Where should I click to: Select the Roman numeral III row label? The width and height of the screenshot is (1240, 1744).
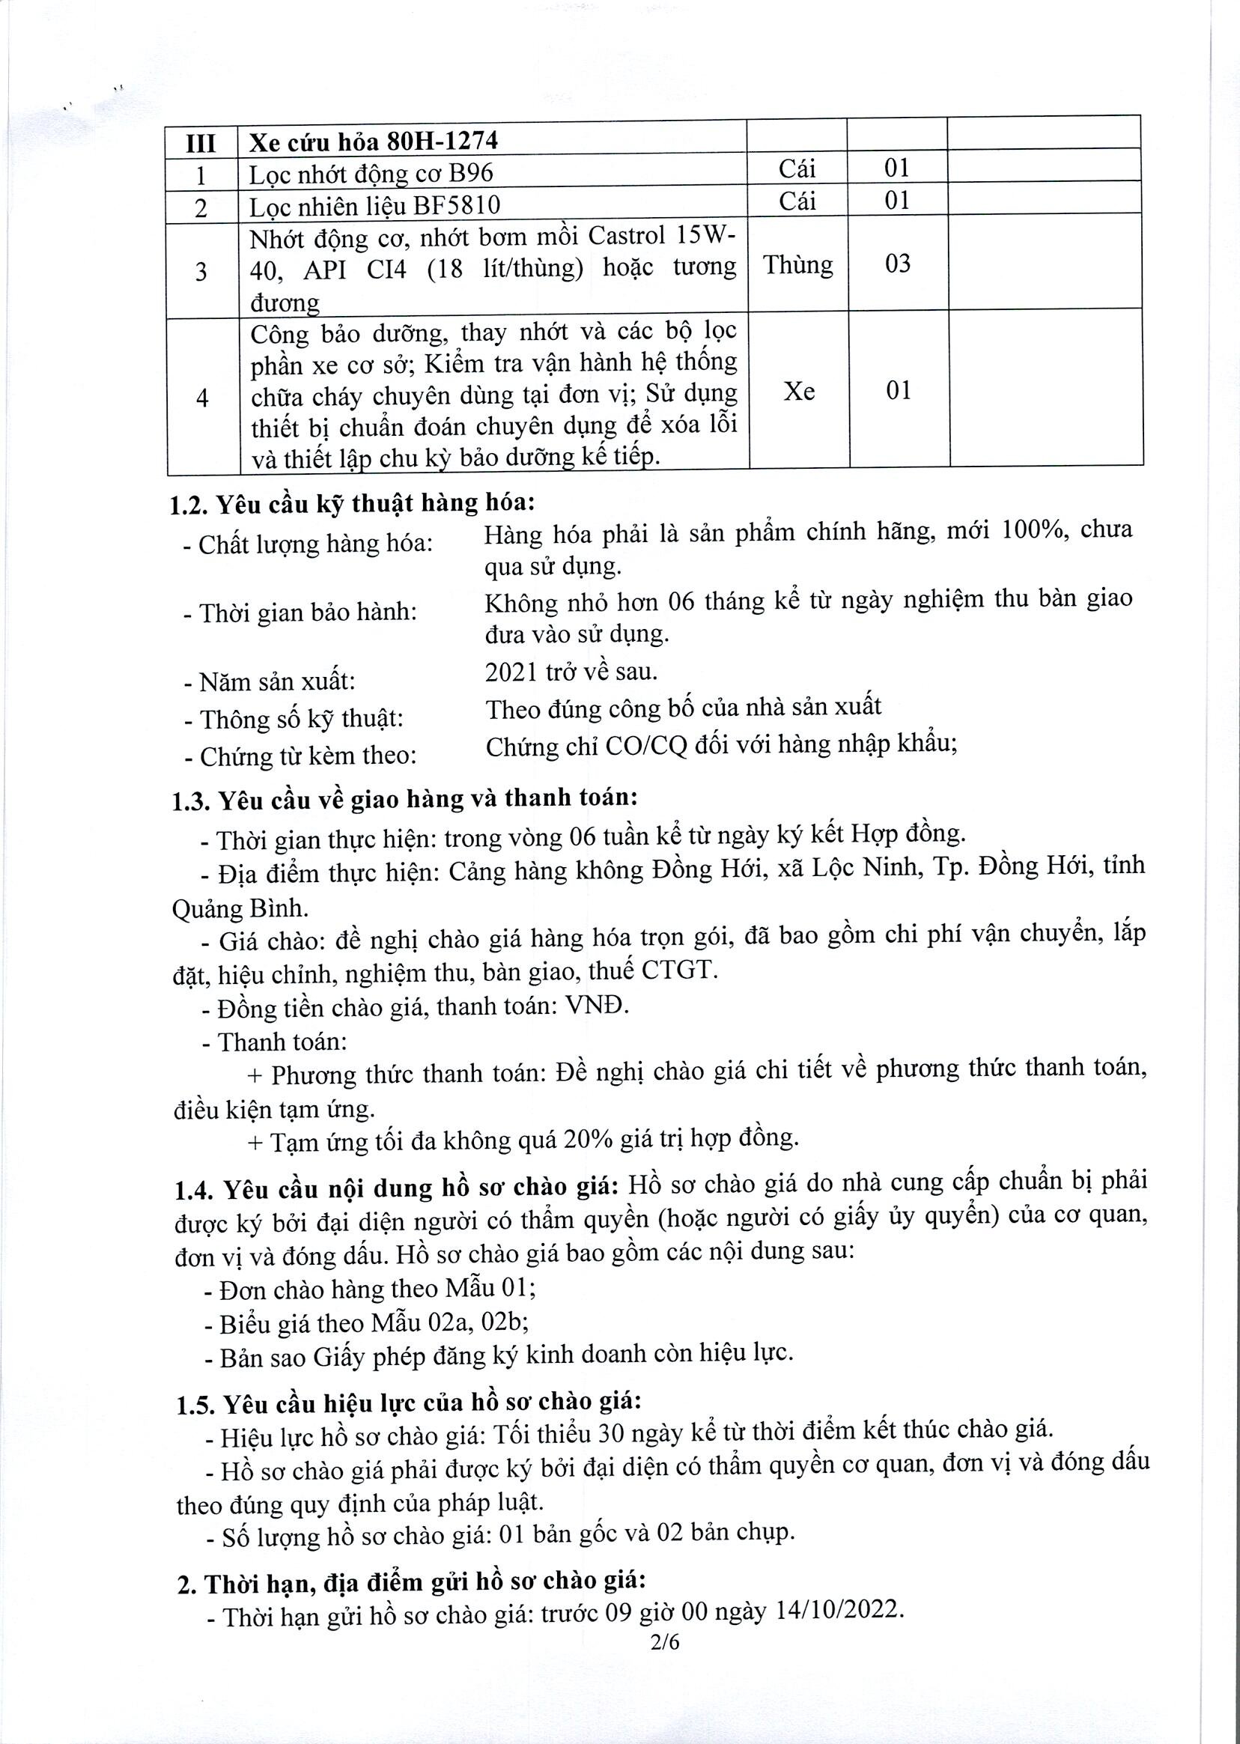click(x=201, y=144)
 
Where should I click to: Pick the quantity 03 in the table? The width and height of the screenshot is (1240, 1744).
click(x=897, y=264)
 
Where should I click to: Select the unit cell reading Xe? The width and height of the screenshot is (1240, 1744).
click(x=799, y=392)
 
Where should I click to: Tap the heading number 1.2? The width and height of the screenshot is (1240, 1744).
click(x=189, y=505)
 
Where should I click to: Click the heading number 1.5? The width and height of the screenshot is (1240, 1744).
click(x=195, y=1404)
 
